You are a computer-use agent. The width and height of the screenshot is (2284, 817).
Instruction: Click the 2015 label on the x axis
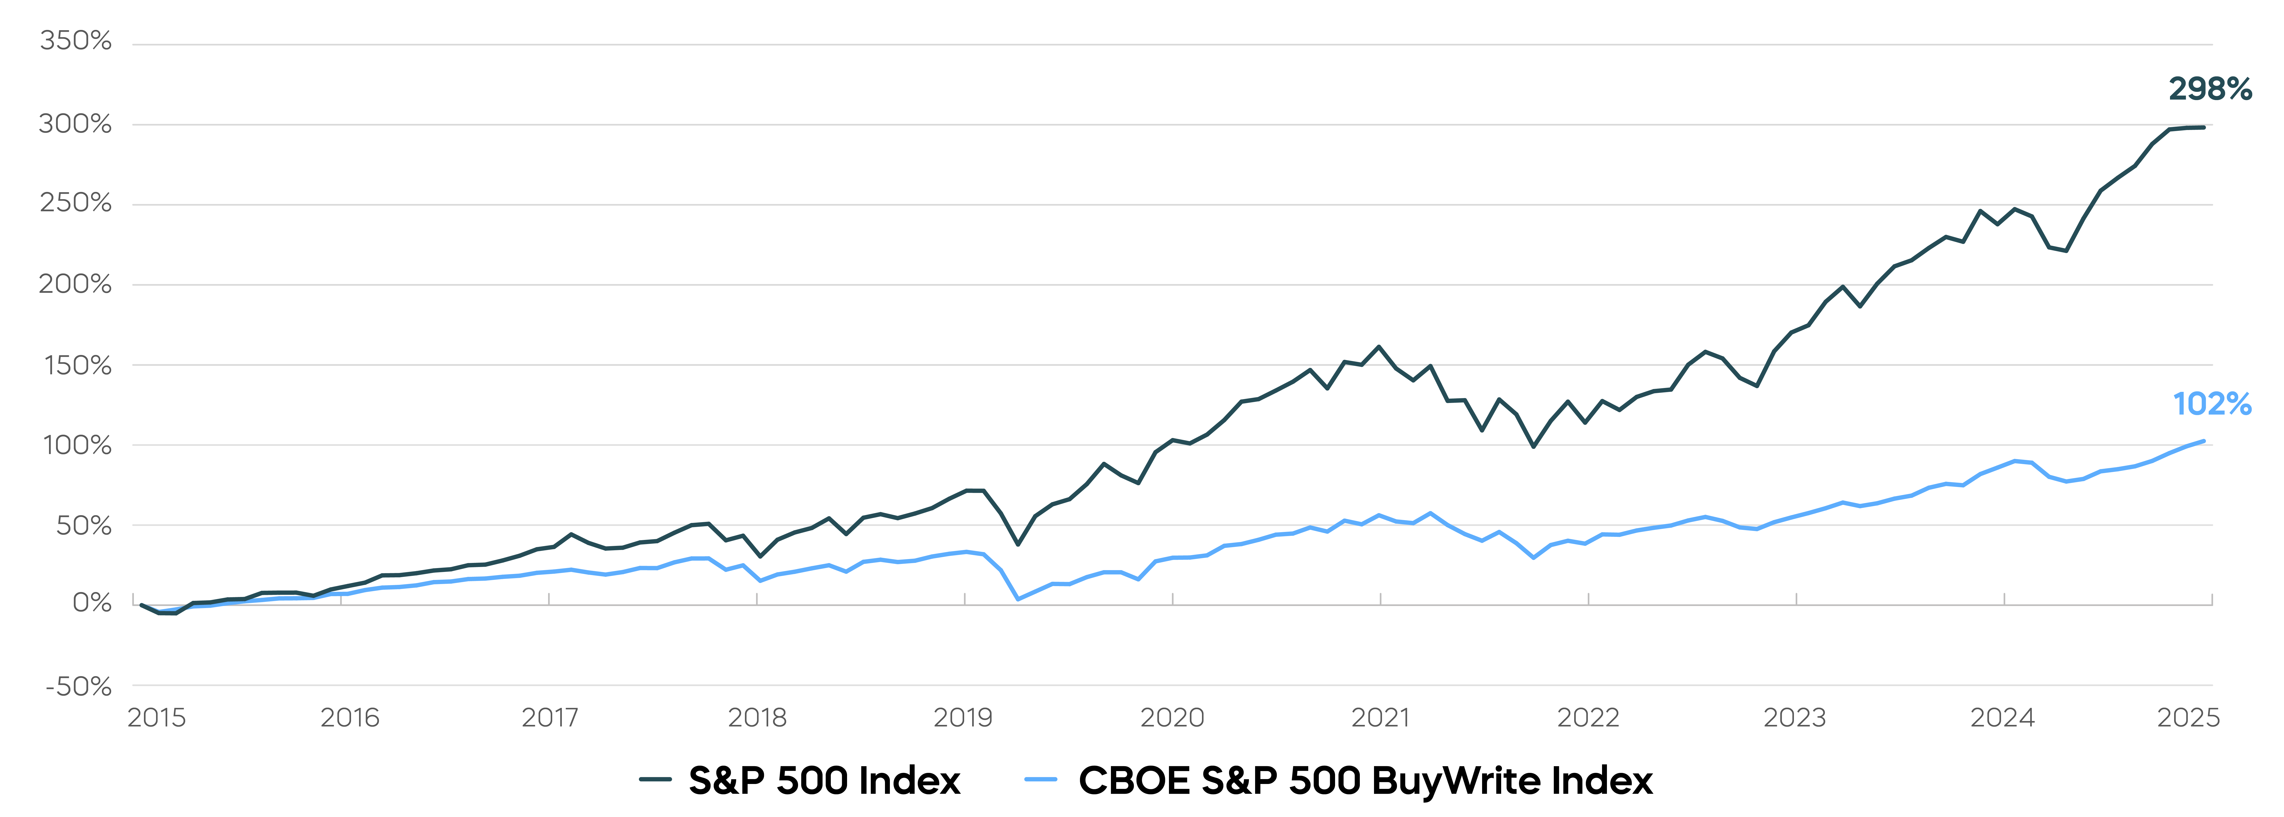tap(157, 717)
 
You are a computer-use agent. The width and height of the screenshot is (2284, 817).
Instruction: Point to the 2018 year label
tap(757, 717)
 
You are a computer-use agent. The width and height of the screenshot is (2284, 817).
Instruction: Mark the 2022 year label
tap(1588, 717)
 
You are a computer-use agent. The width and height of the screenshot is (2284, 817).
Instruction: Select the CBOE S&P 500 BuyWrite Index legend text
tap(1365, 781)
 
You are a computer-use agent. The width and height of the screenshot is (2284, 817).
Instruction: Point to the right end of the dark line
tap(2203, 128)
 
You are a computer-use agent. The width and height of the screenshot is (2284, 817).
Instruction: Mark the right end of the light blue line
tap(2203, 441)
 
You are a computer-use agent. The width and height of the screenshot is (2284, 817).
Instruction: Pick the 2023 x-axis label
tap(1795, 717)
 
